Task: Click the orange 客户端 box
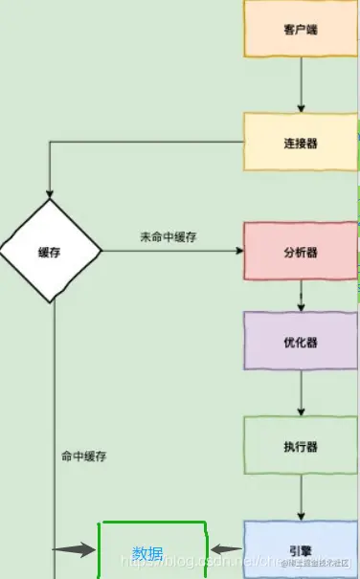301,30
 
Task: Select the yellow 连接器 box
301,143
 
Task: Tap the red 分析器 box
301,252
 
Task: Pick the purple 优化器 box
301,341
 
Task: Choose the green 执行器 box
301,445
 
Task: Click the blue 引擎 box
301,550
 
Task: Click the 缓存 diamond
51,252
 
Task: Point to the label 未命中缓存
168,237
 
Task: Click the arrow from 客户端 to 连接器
301,85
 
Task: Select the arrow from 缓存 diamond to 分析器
172,252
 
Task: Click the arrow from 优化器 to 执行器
301,392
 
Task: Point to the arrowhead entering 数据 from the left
89,549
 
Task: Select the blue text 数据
147,553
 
